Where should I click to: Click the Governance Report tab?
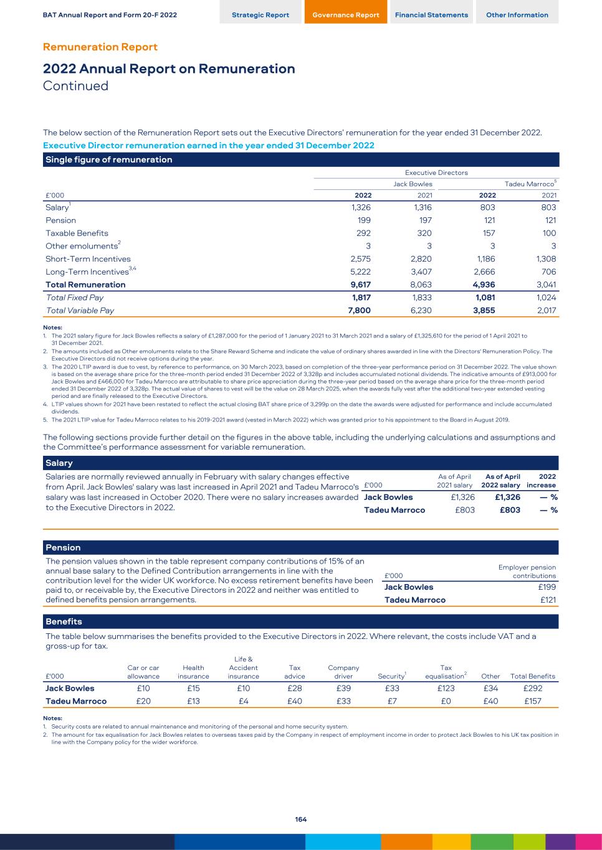(345, 15)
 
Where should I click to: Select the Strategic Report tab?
(260, 15)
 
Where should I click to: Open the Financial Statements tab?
(431, 15)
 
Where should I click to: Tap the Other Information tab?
(517, 15)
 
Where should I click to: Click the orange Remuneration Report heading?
(100, 47)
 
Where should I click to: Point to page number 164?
(301, 819)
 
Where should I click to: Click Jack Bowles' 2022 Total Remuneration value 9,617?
(360, 285)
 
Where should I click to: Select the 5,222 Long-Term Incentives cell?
(360, 272)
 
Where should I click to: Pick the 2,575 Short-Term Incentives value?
(360, 259)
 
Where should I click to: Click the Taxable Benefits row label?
(77, 234)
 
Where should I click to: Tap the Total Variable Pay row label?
(80, 310)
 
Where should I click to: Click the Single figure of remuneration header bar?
(301, 159)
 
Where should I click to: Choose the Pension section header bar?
(301, 548)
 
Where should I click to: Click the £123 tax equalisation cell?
(446, 688)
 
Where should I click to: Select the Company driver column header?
(343, 672)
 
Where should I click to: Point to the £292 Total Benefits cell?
(533, 688)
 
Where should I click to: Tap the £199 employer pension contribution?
(547, 587)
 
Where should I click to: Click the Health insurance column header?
(193, 672)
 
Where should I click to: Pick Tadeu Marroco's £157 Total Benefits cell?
(533, 701)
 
